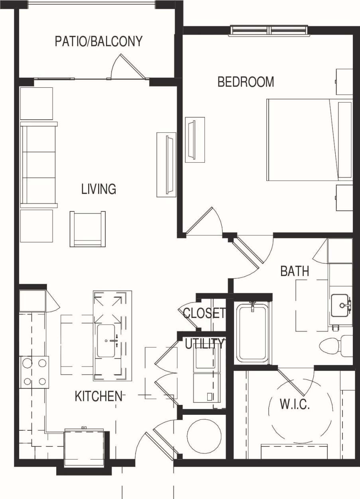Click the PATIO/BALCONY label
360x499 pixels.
coord(98,41)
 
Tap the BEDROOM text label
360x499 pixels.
coord(246,82)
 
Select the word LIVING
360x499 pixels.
coord(98,189)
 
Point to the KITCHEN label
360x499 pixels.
coord(98,396)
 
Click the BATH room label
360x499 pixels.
coord(295,271)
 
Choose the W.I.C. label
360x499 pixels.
coord(295,404)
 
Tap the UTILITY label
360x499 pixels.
coord(205,343)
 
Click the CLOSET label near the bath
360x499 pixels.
coord(204,313)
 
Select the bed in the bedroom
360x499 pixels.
coord(309,139)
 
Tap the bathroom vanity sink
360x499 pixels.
coord(341,305)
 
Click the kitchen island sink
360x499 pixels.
coord(107,341)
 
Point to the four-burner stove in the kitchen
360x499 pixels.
coord(34,372)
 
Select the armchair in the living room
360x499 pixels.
coord(88,229)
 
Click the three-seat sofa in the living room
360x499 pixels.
coord(38,165)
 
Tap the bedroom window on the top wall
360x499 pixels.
coord(270,30)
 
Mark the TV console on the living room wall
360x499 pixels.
coord(166,164)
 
